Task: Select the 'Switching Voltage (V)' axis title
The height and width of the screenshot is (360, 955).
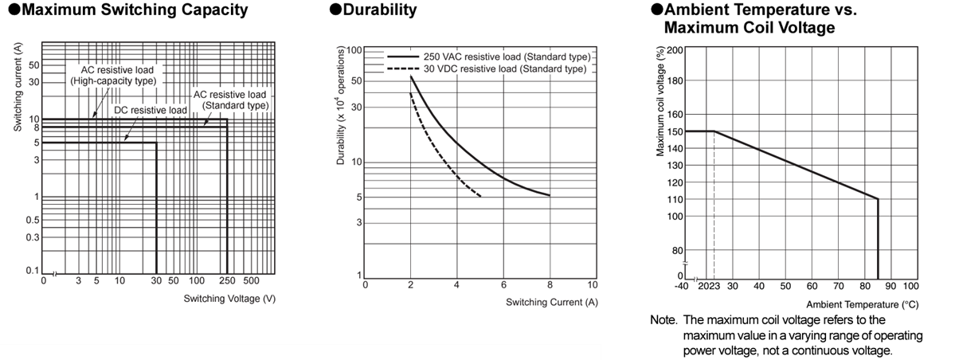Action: [229, 299]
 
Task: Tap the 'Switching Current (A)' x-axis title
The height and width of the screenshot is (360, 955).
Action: [551, 302]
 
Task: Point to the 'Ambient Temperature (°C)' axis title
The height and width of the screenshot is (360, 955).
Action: [862, 305]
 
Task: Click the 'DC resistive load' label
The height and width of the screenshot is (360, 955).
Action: [151, 109]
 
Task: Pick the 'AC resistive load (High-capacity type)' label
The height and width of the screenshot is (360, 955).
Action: [113, 76]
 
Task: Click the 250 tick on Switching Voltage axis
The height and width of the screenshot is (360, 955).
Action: [227, 281]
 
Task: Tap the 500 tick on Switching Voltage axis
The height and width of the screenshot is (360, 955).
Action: [251, 281]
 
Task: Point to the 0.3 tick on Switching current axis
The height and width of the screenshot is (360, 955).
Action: [33, 237]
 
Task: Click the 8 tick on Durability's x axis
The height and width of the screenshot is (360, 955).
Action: [550, 285]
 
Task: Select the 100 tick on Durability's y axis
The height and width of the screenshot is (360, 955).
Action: [355, 50]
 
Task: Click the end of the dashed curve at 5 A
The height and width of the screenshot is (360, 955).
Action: [481, 196]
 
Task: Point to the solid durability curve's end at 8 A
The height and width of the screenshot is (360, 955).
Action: [550, 195]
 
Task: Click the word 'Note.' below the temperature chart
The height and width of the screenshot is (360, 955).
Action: [663, 319]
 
